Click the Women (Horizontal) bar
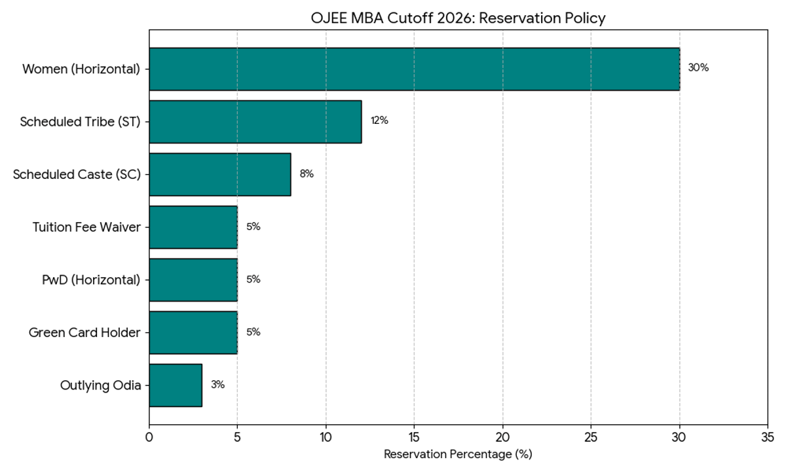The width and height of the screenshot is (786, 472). point(414,69)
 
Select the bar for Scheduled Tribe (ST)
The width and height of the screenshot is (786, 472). point(255,121)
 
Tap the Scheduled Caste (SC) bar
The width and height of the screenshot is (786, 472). point(220,174)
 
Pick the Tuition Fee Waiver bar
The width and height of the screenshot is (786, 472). point(193,227)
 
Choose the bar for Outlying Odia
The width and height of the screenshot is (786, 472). point(176,385)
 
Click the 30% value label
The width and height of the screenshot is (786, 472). point(698,68)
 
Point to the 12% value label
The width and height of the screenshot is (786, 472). point(379,121)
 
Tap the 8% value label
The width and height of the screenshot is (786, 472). point(307,174)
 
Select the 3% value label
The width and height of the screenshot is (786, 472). point(217,385)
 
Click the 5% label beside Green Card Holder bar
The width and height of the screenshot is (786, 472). point(253,332)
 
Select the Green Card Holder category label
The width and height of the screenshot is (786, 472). point(84,332)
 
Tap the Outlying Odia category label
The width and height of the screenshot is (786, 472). point(100,385)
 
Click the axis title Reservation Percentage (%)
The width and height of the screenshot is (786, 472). point(458,454)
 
